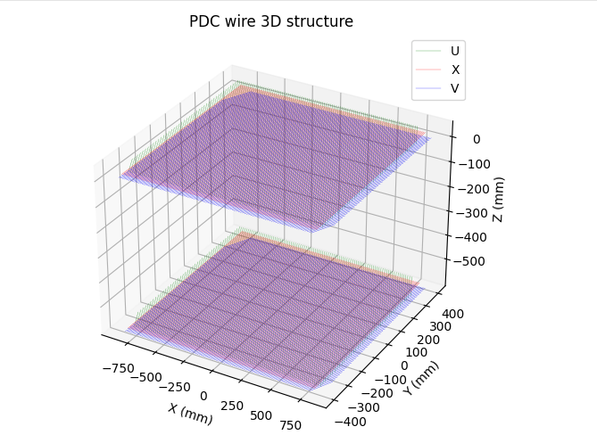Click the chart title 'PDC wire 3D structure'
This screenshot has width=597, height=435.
point(271,21)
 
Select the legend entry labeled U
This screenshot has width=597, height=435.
point(455,51)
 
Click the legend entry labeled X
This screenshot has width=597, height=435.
point(455,70)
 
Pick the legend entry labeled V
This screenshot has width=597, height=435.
point(455,88)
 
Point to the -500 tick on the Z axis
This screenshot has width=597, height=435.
point(471,261)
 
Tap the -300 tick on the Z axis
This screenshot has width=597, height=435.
point(471,212)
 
